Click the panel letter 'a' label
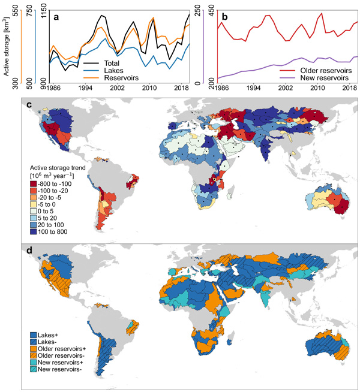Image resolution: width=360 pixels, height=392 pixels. (56, 16)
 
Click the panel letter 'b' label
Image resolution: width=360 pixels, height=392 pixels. (224, 16)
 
